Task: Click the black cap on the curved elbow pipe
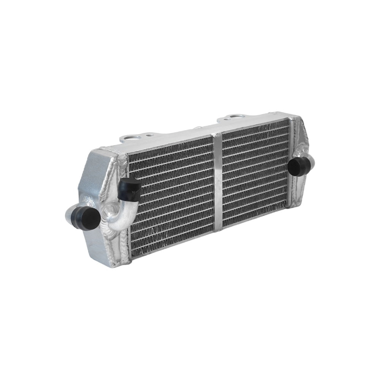tap(129, 189)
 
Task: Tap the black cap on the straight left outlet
tap(87, 218)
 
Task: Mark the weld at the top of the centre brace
tap(217, 135)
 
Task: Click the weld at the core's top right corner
tap(292, 119)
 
